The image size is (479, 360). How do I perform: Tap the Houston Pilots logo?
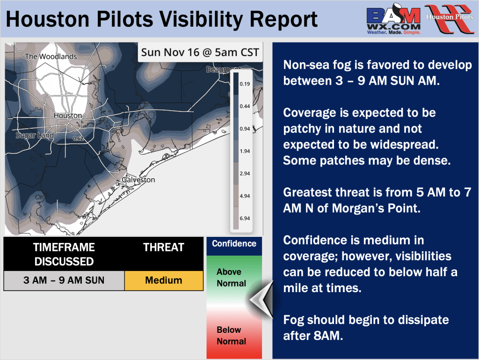coord(450,18)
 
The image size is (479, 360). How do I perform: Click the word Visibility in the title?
coord(201,19)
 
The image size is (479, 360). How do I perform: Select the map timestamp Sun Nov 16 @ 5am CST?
coord(200,52)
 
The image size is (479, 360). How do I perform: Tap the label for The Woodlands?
coord(51,57)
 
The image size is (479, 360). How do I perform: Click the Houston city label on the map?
coord(68,116)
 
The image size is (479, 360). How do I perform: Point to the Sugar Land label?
coord(35,135)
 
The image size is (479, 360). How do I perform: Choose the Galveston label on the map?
coord(138,180)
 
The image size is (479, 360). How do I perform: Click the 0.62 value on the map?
coord(78,139)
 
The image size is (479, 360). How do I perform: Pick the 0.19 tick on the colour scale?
coord(245,84)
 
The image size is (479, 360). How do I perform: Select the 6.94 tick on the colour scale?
coord(245,218)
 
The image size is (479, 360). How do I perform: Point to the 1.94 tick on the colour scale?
coord(245,151)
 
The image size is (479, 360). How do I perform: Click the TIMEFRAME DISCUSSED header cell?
coord(64,254)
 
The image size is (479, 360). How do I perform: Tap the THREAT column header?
coord(164,247)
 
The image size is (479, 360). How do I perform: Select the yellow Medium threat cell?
coord(164,280)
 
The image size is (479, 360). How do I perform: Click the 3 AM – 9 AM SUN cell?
coord(64,280)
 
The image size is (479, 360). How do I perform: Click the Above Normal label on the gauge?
coord(231,278)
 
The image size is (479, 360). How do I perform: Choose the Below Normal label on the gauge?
coord(231,336)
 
